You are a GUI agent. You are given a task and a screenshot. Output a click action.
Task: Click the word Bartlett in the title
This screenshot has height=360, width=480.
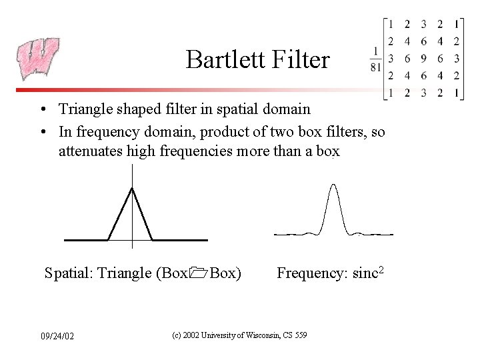point(218,60)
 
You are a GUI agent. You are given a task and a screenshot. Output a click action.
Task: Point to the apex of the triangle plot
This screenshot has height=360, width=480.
point(133,189)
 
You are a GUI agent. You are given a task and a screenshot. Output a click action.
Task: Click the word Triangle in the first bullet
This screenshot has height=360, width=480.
point(83,109)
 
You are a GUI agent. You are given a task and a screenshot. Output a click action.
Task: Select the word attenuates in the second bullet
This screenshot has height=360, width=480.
point(91,151)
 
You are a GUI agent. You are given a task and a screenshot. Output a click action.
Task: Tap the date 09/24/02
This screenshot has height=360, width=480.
point(57,335)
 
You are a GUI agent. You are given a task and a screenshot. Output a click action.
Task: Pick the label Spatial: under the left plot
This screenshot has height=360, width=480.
point(69,273)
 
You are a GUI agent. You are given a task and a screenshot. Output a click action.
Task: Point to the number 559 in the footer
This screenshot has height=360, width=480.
point(299,335)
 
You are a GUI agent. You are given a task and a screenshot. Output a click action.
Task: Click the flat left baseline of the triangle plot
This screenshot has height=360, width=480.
point(86,239)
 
